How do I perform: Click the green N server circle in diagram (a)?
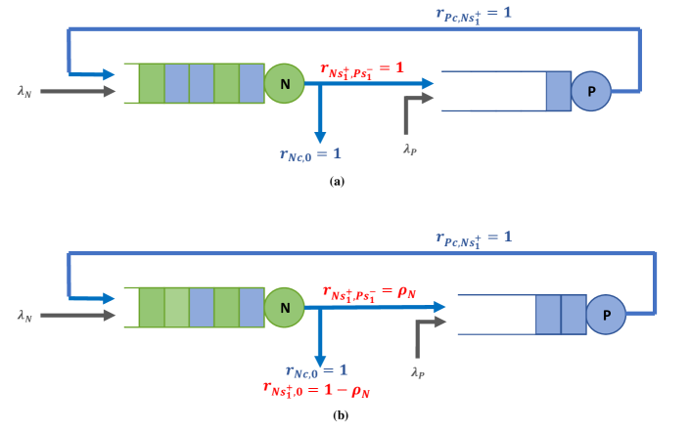[285, 84]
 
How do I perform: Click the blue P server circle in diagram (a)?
[591, 91]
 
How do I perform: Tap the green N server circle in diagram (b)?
[285, 307]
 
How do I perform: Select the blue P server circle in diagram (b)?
[606, 315]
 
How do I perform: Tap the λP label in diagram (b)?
[418, 372]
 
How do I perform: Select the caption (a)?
[338, 181]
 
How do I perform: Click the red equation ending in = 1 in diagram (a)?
[362, 68]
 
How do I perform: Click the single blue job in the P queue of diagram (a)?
[557, 91]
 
